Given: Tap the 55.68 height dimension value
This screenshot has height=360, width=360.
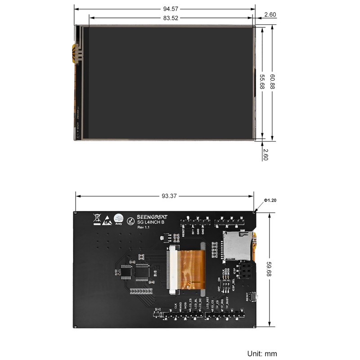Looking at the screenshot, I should pyautogui.click(x=261, y=81).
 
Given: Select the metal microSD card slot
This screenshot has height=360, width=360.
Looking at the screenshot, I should pyautogui.click(x=238, y=245).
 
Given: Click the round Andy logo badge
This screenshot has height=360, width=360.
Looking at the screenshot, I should pyautogui.click(x=119, y=218).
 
